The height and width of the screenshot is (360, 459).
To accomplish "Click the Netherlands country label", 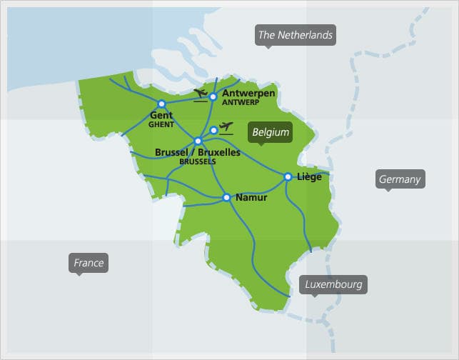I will pyautogui.click(x=296, y=35).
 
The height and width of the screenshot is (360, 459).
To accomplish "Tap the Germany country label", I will pyautogui.click(x=400, y=179).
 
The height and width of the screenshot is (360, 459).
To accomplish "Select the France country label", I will pyautogui.click(x=89, y=263).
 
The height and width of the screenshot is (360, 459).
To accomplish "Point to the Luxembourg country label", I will pyautogui.click(x=333, y=284).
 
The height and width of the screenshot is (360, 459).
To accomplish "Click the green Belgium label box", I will pyautogui.click(x=271, y=132).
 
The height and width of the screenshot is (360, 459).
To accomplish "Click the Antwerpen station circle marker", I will pyautogui.click(x=213, y=96).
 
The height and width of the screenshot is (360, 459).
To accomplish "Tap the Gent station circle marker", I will pyautogui.click(x=161, y=104).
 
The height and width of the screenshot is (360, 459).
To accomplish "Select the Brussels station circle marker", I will pyautogui.click(x=198, y=141).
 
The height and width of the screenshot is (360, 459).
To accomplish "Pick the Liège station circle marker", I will pyautogui.click(x=288, y=176).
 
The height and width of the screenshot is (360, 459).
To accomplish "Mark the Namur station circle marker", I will pyautogui.click(x=226, y=197).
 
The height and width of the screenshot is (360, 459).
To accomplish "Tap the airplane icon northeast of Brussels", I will pyautogui.click(x=227, y=128).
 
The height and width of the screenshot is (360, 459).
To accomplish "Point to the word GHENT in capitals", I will pyautogui.click(x=161, y=124).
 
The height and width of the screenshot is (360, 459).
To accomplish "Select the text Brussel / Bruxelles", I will pyautogui.click(x=198, y=152).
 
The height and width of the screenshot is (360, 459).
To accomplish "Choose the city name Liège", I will pyautogui.click(x=308, y=177).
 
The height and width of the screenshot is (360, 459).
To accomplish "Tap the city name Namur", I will pyautogui.click(x=251, y=197).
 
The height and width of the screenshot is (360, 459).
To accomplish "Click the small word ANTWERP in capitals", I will pyautogui.click(x=240, y=103).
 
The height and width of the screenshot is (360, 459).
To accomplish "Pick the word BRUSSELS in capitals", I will pyautogui.click(x=198, y=161).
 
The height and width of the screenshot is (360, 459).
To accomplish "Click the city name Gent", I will pyautogui.click(x=161, y=115).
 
